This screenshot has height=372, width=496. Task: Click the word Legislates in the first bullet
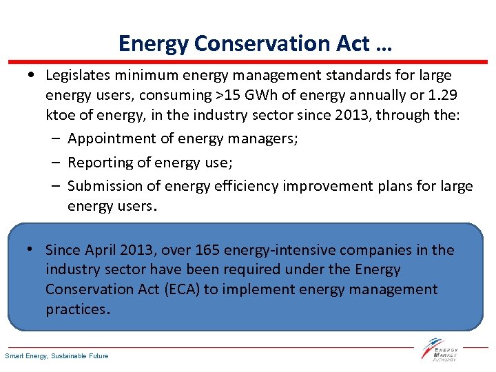click(80, 74)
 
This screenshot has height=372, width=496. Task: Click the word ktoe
click(61, 114)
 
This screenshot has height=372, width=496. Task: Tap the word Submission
click(103, 186)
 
